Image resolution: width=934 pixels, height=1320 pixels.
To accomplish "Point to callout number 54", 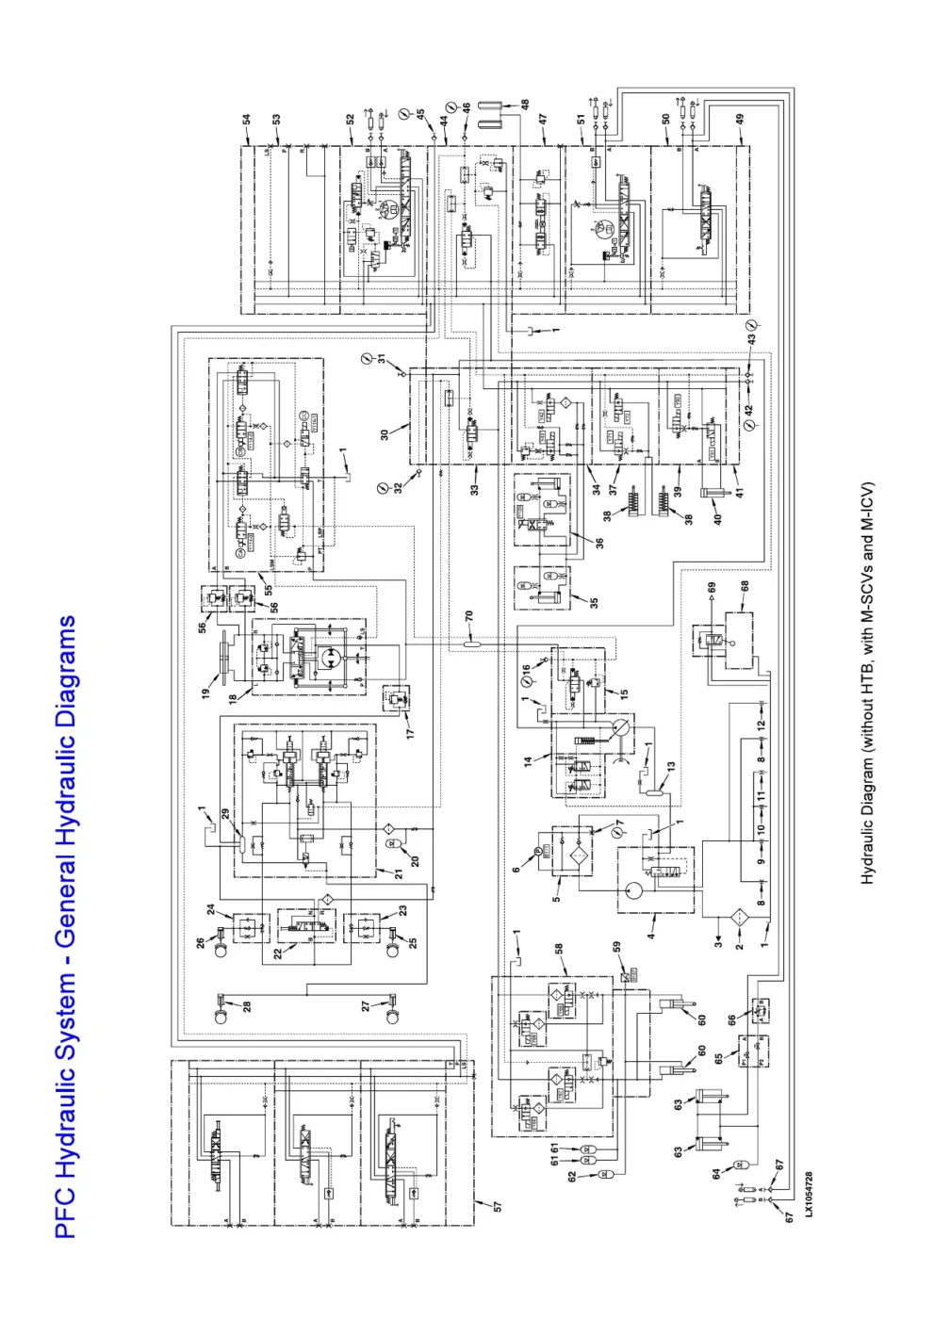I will tap(247, 122).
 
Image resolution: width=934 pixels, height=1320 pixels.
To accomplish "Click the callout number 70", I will tap(468, 616).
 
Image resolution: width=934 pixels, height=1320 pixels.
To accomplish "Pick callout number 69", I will tap(712, 587).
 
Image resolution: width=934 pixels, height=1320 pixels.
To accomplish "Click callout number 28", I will tap(247, 1006).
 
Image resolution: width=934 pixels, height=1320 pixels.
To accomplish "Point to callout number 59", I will tap(617, 948).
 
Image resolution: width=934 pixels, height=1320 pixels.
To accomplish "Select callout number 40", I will tap(717, 518).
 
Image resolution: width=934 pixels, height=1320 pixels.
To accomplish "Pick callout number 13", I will tap(671, 768).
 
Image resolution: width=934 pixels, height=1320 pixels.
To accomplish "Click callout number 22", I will tap(278, 953).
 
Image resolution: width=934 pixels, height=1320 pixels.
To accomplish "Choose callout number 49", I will tap(741, 120).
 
